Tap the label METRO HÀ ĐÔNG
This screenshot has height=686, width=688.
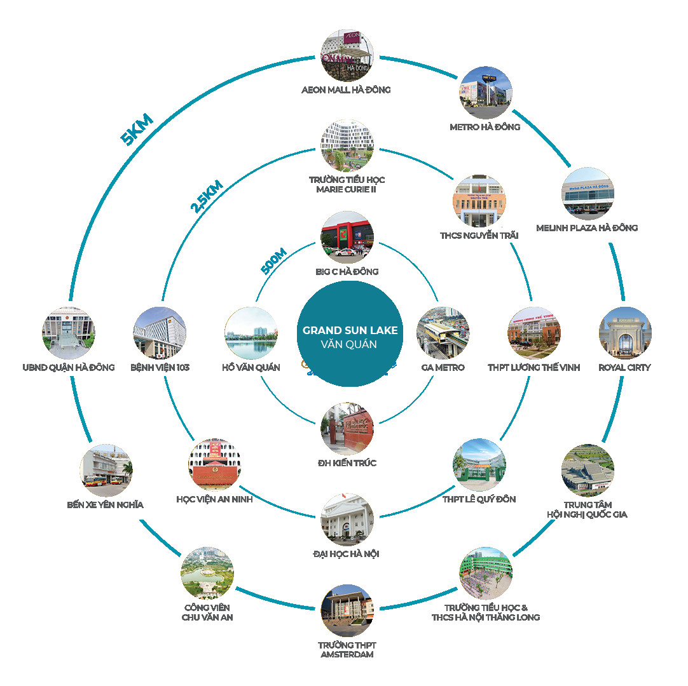pos(485,126)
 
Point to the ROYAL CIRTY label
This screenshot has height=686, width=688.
pos(624,367)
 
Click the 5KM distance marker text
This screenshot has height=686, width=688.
pos(137,130)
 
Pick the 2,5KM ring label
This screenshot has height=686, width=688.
pos(207,196)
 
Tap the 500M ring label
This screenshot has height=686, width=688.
pos(273,260)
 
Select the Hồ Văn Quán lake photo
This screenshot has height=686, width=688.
pos(251,333)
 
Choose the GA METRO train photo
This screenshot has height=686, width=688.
pos(443,333)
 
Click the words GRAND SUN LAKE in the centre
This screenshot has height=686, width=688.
pos(350,330)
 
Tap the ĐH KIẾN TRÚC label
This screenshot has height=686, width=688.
pos(347,462)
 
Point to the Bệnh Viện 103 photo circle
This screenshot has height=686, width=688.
pos(159,333)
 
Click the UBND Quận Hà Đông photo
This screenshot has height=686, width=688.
pos(68,333)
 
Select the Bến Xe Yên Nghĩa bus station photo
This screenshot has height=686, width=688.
pos(106,470)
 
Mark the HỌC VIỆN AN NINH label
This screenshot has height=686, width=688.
pos(214,499)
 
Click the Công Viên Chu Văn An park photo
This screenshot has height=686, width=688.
pos(207,574)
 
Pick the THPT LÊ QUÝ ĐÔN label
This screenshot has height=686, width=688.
pos(479,499)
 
